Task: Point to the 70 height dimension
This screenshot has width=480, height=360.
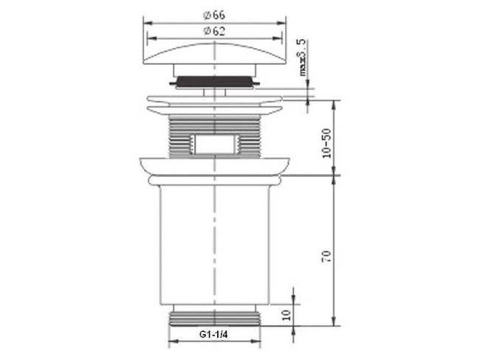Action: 327,256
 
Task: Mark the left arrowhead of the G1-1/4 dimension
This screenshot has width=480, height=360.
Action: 172,343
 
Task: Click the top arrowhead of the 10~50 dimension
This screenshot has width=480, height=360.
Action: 335,103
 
